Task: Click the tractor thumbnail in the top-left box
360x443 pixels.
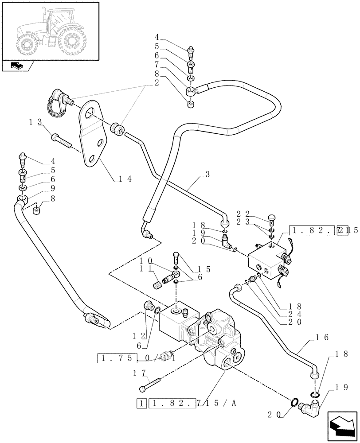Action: click(50, 31)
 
